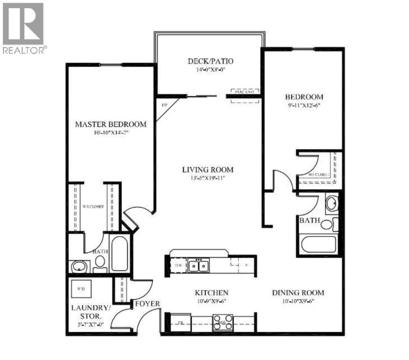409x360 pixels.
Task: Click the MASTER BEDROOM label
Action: tap(110, 124)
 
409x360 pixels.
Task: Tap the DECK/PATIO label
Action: tap(210, 61)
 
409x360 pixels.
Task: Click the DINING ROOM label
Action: tap(298, 293)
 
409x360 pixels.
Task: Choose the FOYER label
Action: tap(147, 304)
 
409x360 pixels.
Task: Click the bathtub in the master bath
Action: tap(119, 253)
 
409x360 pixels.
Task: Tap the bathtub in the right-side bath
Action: tap(318, 245)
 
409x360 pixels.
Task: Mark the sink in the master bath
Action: tap(80, 266)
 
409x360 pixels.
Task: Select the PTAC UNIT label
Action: tap(245, 92)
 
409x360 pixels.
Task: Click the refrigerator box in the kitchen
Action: tap(180, 322)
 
